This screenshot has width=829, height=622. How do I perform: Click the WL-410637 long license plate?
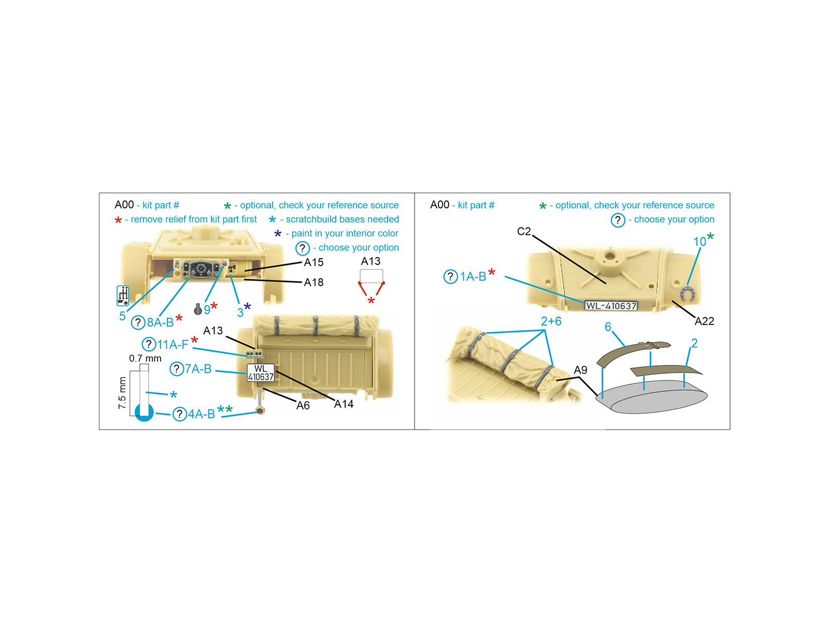(611, 305)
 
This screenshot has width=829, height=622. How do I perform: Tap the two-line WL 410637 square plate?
(261, 372)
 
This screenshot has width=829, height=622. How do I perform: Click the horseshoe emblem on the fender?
(688, 294)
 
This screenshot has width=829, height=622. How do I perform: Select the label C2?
(523, 231)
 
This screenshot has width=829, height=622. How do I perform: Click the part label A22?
(704, 321)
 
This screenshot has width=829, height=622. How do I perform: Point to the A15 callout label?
(313, 262)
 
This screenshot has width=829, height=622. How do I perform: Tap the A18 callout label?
(313, 282)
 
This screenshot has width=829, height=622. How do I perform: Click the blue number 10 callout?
(699, 242)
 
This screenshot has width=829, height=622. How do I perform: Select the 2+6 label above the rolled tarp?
(551, 321)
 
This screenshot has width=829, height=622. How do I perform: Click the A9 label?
(580, 370)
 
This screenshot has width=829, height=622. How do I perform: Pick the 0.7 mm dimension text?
(145, 358)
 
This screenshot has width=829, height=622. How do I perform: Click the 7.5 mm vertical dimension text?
(122, 393)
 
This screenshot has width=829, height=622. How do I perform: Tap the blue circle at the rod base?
(144, 413)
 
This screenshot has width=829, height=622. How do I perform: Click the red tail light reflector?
(260, 410)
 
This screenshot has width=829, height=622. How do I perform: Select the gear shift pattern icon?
(123, 295)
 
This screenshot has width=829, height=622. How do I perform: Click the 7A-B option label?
(197, 369)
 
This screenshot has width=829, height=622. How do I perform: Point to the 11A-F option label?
(173, 344)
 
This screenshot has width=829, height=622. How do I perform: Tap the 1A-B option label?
(473, 277)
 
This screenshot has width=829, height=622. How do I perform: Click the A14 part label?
(344, 404)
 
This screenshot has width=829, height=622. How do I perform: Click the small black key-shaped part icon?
(197, 309)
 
